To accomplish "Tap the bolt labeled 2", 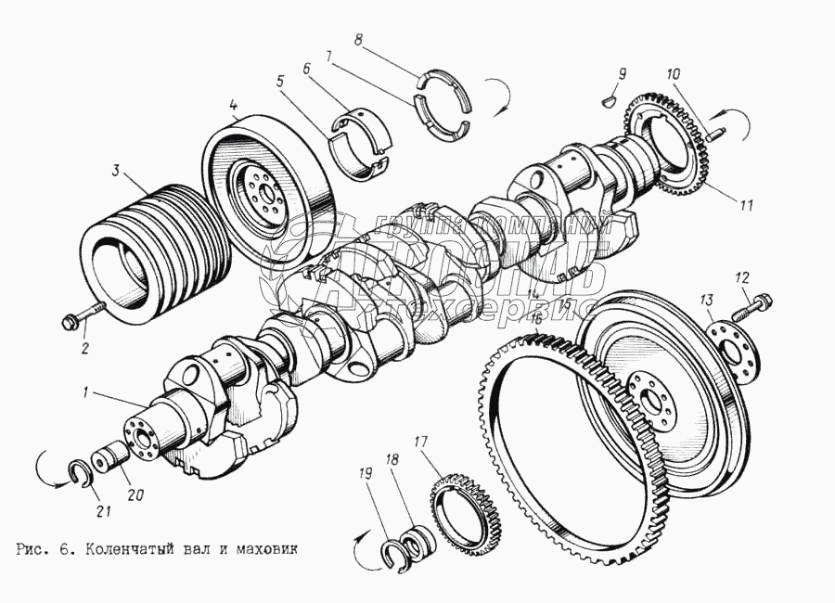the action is click(82, 318).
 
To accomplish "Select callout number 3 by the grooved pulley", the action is click(115, 172).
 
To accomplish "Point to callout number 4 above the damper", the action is click(234, 105).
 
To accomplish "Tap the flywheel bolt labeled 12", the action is click(757, 302).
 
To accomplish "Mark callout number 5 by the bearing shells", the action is click(279, 80).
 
